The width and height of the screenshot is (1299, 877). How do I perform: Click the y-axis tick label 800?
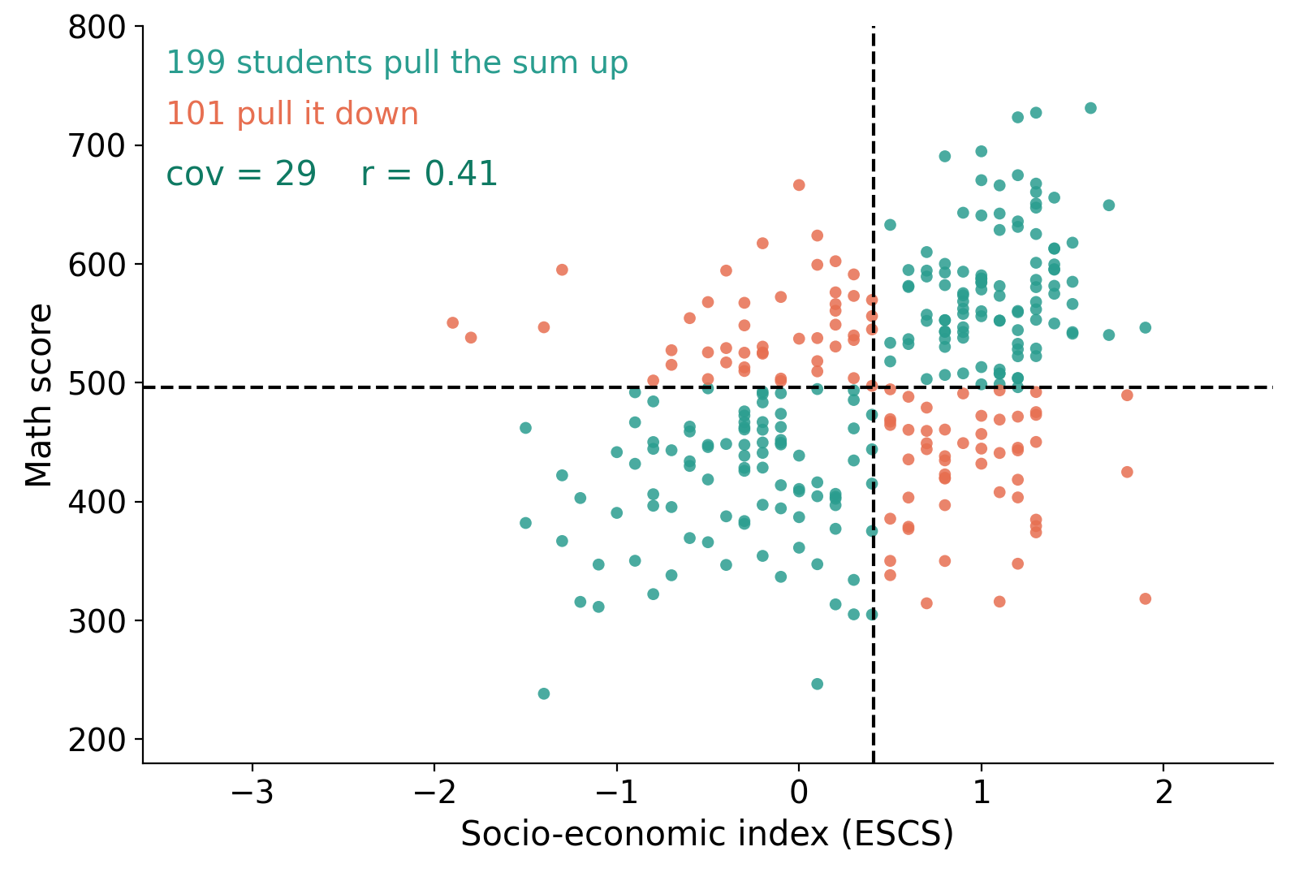click(x=97, y=28)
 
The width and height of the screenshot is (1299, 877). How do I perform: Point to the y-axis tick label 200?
click(x=97, y=740)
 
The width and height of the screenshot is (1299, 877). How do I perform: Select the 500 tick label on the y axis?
click(x=97, y=383)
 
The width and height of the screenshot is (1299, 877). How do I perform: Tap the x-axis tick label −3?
click(x=252, y=793)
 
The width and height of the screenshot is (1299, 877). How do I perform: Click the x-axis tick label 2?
click(x=1163, y=793)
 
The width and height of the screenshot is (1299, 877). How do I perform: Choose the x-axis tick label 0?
click(x=799, y=793)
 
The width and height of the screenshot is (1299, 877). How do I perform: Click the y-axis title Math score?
click(x=39, y=395)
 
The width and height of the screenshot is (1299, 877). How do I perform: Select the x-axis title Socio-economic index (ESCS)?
click(x=707, y=834)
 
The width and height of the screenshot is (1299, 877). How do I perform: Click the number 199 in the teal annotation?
click(x=196, y=62)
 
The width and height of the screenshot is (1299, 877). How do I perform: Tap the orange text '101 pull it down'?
click(x=293, y=113)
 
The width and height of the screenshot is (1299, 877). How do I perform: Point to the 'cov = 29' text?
click(x=241, y=174)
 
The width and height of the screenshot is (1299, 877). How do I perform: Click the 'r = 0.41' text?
click(x=429, y=174)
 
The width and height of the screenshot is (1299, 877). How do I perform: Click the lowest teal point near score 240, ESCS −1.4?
click(x=544, y=693)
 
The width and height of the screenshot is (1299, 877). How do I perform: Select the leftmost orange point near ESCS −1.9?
click(x=453, y=322)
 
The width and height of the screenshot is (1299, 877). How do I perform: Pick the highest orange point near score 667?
click(x=799, y=185)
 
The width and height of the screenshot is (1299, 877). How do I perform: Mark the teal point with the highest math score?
click(x=1091, y=108)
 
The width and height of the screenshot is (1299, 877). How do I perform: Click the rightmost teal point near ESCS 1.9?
click(x=1146, y=328)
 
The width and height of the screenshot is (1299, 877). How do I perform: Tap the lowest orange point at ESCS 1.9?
click(x=1146, y=598)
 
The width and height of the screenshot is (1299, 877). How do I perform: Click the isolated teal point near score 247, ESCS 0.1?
click(x=817, y=684)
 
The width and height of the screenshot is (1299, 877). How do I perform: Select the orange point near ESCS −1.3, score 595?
click(x=562, y=270)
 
